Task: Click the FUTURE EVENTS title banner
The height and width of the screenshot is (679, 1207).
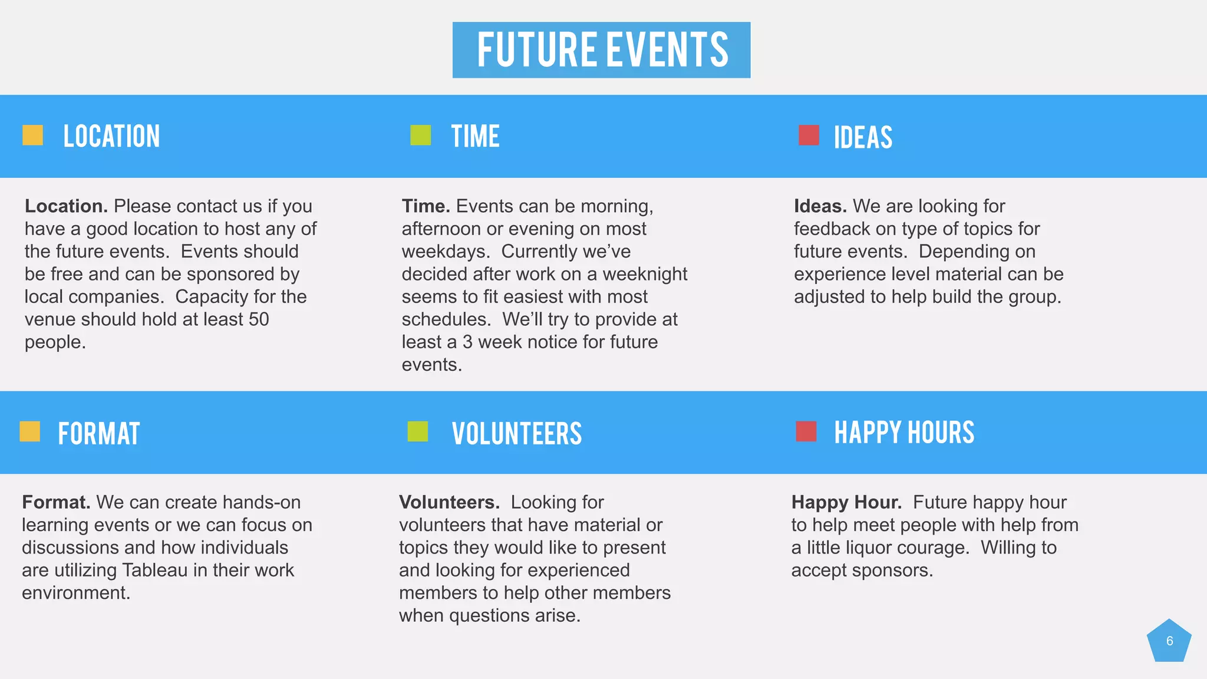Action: [x=601, y=50]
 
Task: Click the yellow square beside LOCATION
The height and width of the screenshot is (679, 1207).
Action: [x=32, y=135]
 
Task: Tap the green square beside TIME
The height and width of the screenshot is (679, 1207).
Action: [x=420, y=135]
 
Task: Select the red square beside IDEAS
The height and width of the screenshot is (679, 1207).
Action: [x=809, y=135]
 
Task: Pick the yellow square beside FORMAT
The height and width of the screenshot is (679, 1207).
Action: [x=29, y=431]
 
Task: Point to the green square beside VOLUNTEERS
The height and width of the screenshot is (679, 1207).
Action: [x=417, y=431]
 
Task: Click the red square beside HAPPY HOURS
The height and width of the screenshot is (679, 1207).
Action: [x=806, y=431]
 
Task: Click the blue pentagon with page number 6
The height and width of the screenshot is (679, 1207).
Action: [x=1169, y=641]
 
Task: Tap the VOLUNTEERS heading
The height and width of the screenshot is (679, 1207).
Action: [x=516, y=433]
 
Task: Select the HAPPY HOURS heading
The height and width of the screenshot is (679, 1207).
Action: [x=904, y=433]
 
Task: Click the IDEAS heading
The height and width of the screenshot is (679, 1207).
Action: [x=863, y=137]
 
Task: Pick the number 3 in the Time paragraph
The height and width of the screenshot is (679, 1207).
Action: [x=467, y=342]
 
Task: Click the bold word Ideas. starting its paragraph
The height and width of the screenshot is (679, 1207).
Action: [x=820, y=206]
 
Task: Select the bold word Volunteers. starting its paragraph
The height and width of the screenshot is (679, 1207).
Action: [x=449, y=502]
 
